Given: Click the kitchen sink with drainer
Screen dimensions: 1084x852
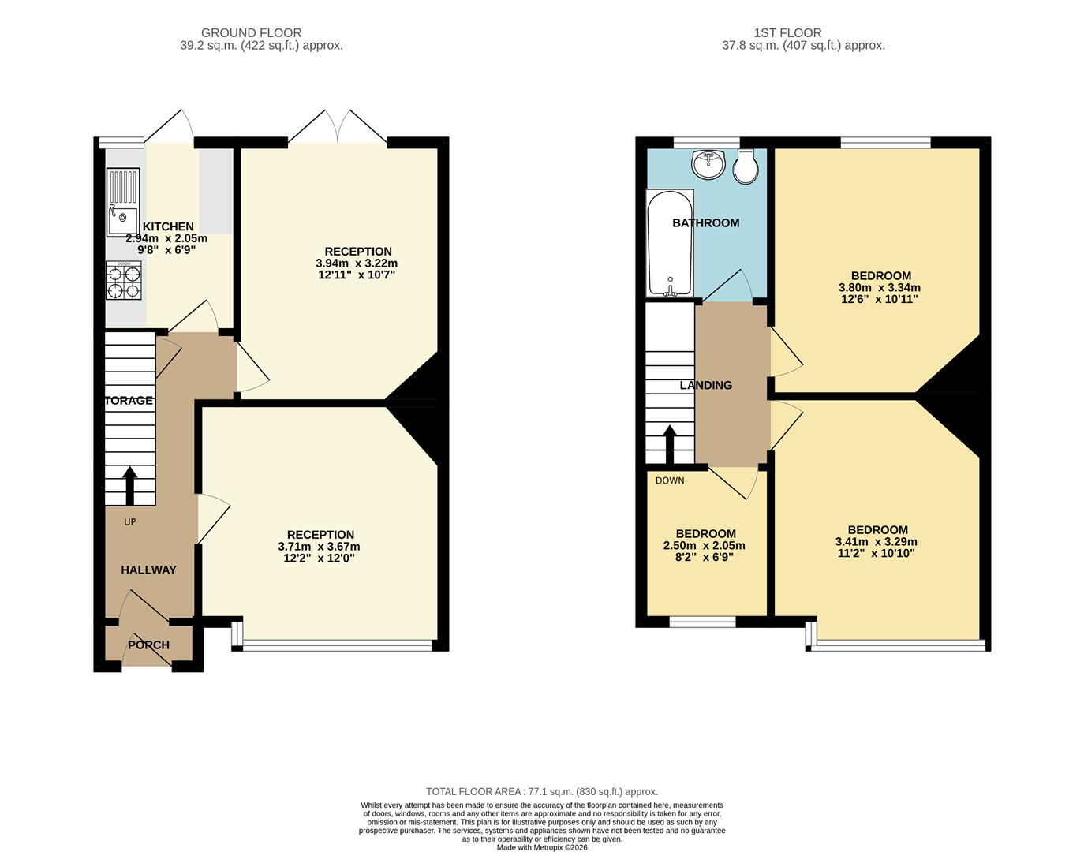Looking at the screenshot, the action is [123, 201].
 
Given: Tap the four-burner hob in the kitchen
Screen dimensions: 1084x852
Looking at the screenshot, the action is [124, 280].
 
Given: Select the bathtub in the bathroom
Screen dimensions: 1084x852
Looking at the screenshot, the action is [670, 242].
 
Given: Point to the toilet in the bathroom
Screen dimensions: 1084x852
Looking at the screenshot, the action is [746, 166].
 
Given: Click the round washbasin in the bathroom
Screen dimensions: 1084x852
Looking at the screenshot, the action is [708, 163].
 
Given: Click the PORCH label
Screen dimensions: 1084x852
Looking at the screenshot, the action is [148, 645].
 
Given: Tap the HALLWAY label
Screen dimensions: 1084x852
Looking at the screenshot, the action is [148, 570].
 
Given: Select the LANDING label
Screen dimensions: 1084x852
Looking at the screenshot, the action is [706, 385].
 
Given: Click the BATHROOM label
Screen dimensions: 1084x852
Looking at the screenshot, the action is [706, 223].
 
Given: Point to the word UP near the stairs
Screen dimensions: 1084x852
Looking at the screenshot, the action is [129, 521].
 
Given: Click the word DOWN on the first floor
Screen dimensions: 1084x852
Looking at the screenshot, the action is [670, 480].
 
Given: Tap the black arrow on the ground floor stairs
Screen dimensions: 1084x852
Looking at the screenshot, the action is [129, 486].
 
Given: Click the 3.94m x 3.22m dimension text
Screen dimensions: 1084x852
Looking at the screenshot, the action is [357, 263].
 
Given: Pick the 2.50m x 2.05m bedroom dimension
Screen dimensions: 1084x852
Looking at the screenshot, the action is [705, 545].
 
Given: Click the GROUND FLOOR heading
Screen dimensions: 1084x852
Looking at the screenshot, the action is [252, 33].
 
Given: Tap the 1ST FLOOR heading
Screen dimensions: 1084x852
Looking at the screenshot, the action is [787, 33].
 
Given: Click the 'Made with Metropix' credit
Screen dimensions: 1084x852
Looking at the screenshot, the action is [542, 847].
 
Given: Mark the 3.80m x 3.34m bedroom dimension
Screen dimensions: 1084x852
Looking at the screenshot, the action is [880, 287].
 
